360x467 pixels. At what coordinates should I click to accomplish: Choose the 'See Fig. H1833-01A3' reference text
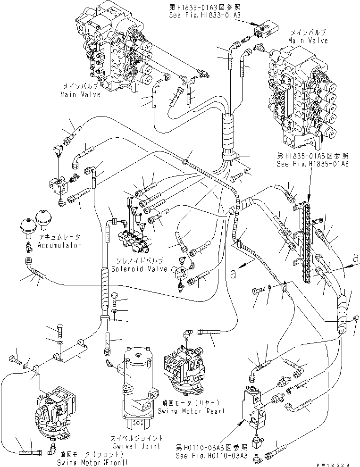click(x=205, y=15)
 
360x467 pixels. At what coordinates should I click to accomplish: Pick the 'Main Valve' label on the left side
click(x=80, y=94)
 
